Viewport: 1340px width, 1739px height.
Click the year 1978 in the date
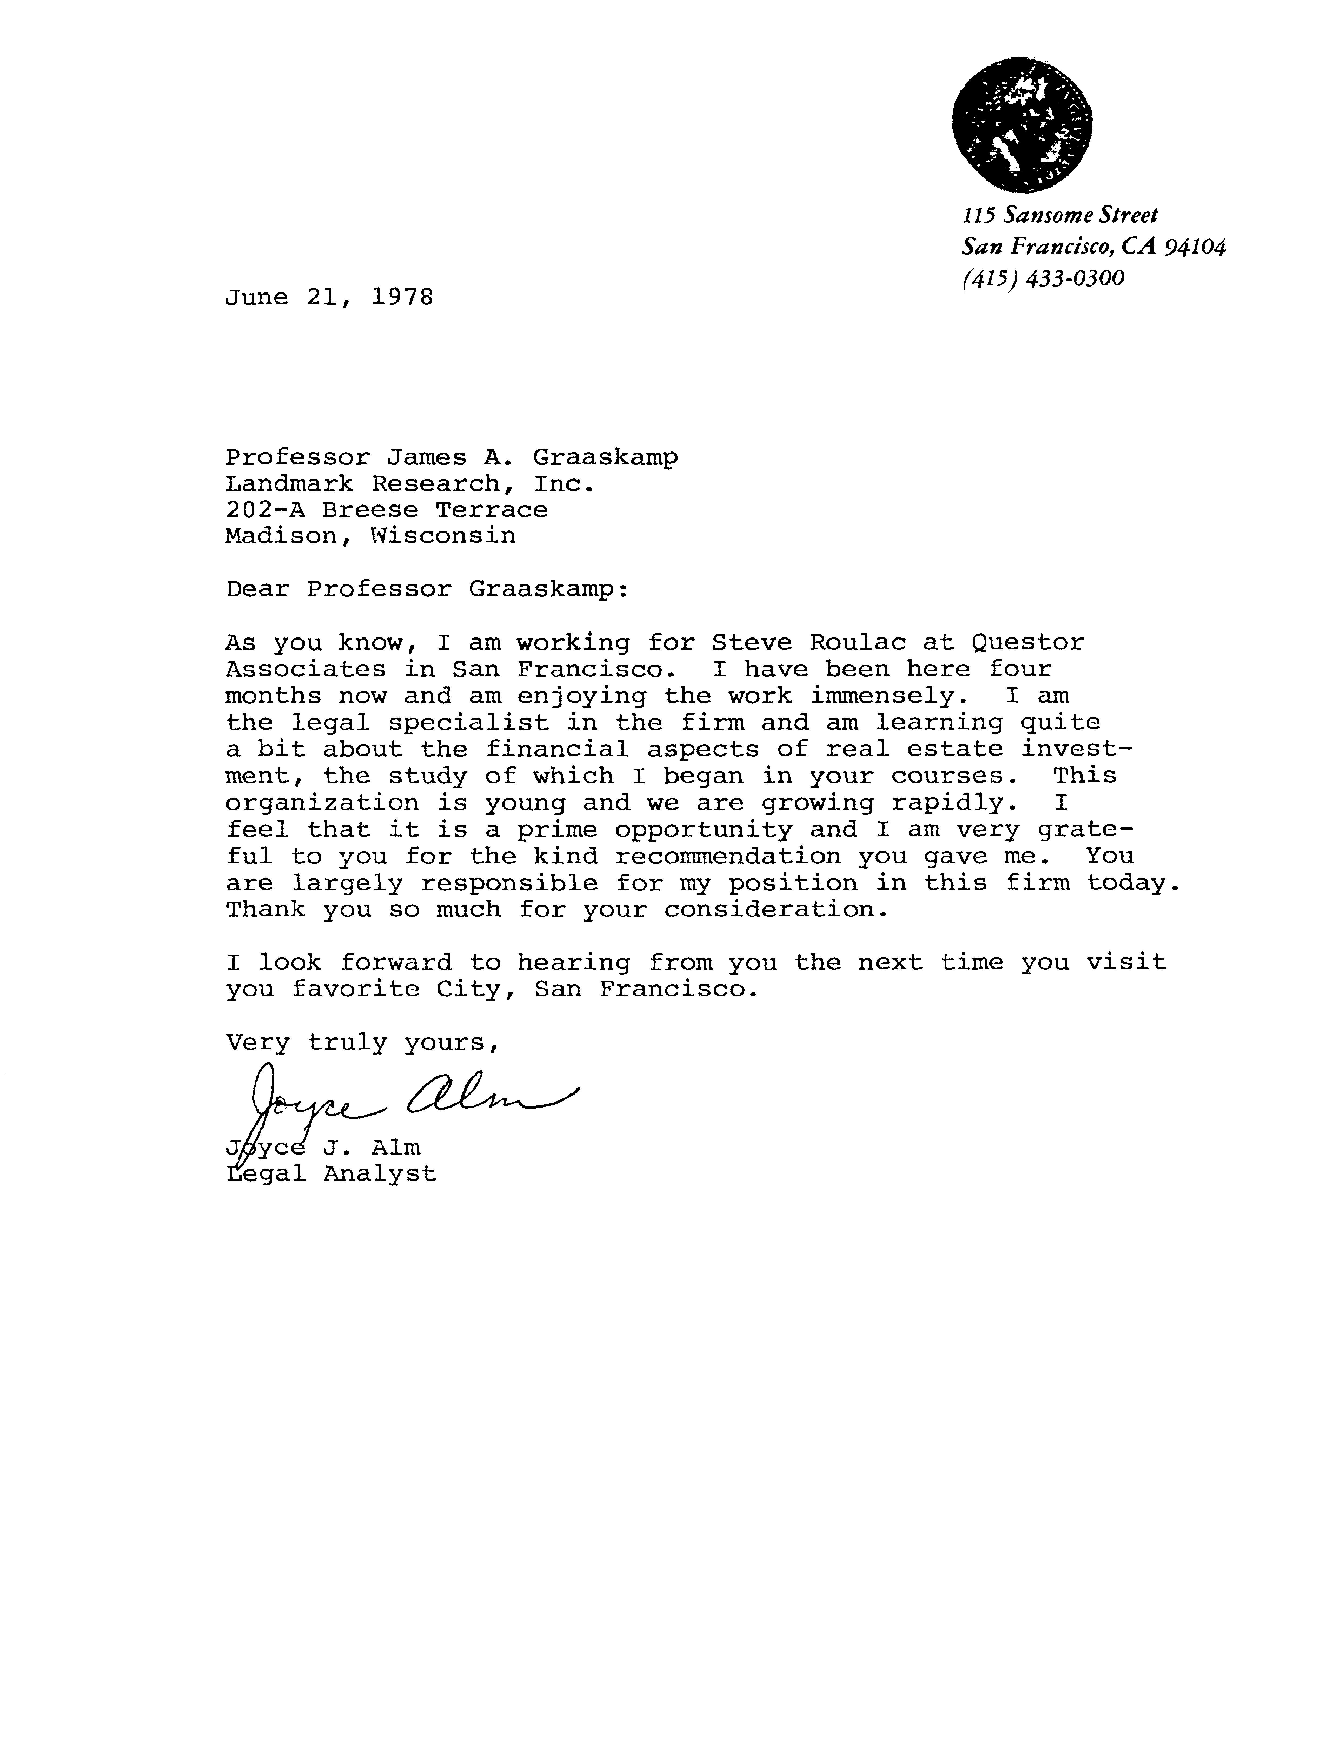(x=402, y=298)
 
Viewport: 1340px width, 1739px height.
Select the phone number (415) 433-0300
(x=1043, y=279)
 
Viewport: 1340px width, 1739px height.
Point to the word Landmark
(x=290, y=484)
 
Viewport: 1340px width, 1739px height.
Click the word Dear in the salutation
(x=257, y=590)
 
